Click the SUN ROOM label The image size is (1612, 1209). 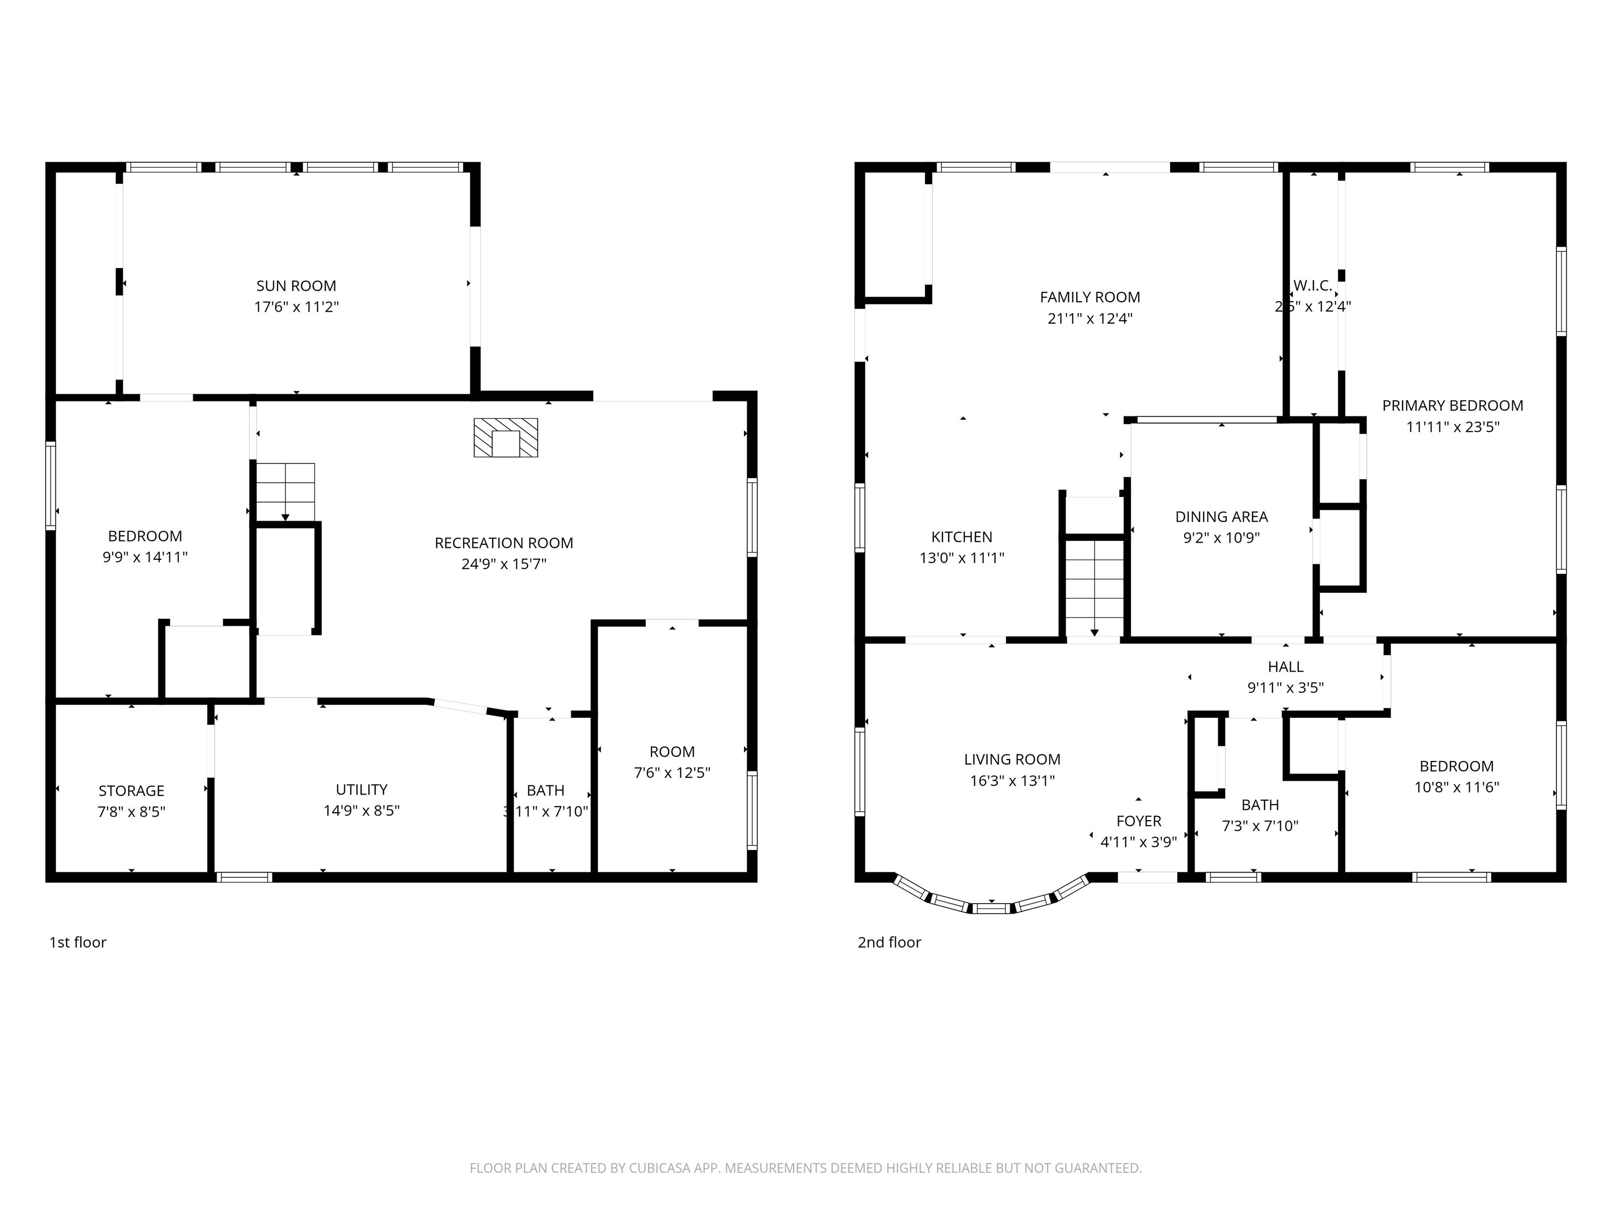click(296, 285)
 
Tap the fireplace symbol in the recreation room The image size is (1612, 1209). click(506, 437)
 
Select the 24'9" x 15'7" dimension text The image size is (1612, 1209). click(504, 564)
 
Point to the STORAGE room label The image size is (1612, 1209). click(131, 791)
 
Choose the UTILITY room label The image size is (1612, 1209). click(362, 789)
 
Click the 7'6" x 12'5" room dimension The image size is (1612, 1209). click(671, 772)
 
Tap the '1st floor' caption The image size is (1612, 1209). click(77, 942)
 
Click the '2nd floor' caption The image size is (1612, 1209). click(889, 942)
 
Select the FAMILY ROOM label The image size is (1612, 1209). click(1089, 298)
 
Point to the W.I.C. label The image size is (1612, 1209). click(1312, 285)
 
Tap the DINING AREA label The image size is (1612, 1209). click(1222, 517)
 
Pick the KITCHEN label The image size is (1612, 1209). click(961, 537)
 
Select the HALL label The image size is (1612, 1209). click(1286, 667)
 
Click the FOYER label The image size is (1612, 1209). click(1138, 821)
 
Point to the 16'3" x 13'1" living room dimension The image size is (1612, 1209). click(1012, 780)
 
